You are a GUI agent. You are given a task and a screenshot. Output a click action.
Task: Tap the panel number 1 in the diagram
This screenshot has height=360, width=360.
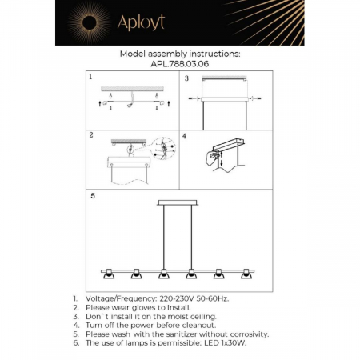(x=91, y=78)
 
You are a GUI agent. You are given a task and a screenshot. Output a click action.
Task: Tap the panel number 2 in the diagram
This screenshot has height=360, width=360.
(x=91, y=136)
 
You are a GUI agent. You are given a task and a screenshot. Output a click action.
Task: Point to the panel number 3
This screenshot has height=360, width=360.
(x=186, y=78)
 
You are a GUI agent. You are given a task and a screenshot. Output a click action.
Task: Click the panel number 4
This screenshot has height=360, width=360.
(x=185, y=136)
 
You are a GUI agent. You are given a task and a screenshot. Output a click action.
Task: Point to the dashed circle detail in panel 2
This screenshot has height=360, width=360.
(x=163, y=149)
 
